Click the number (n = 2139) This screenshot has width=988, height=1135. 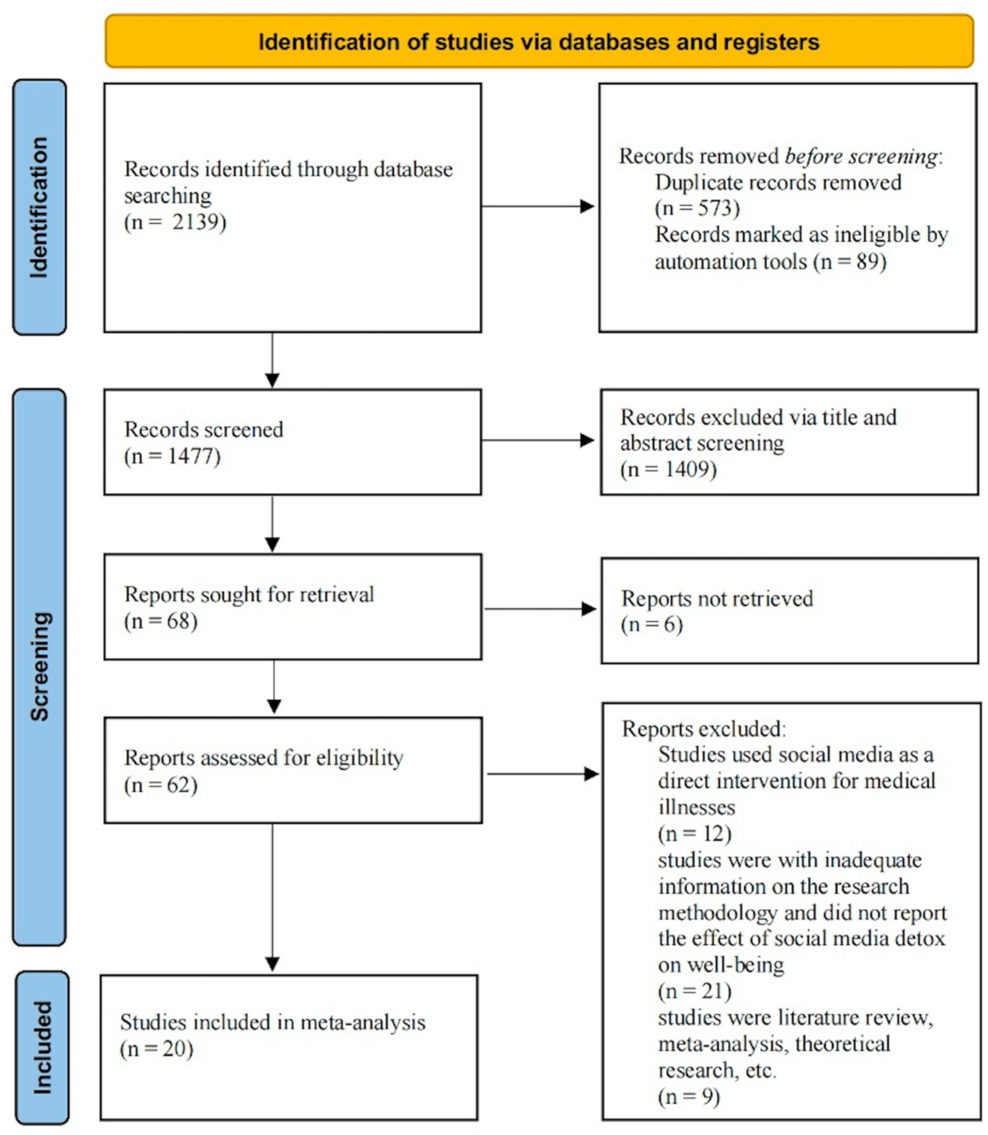175,222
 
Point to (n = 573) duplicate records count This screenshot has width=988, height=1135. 697,208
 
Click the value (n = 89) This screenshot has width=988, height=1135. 850,261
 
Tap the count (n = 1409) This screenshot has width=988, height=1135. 668,469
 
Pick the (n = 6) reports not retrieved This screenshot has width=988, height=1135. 652,624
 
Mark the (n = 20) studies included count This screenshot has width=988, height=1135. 157,1048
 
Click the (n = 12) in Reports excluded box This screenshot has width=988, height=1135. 694,833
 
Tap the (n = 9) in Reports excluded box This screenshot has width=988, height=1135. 689,1097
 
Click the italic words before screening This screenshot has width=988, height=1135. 860,157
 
